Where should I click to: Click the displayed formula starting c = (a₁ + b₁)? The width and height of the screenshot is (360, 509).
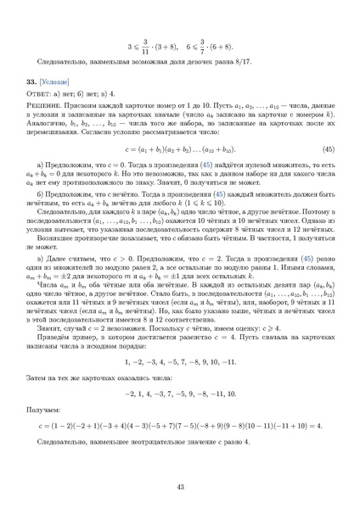click(180, 149)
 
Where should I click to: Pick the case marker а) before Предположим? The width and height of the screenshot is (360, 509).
click(54, 165)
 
